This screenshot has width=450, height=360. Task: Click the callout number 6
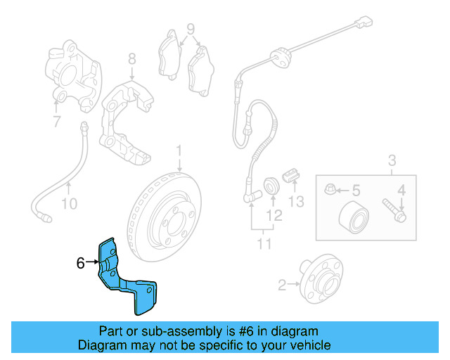pyautogui.click(x=81, y=262)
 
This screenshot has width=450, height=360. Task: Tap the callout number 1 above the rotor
pyautogui.click(x=179, y=151)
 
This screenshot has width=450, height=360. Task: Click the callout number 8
pyautogui.click(x=131, y=59)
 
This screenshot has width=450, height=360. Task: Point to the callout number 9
pyautogui.click(x=191, y=29)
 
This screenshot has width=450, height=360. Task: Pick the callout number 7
pyautogui.click(x=57, y=122)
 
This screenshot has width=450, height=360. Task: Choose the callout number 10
pyautogui.click(x=70, y=204)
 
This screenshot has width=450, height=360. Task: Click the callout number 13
pyautogui.click(x=296, y=202)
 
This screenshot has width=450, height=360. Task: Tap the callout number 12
pyautogui.click(x=274, y=215)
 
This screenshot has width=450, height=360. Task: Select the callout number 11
pyautogui.click(x=264, y=244)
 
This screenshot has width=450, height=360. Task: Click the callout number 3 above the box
pyautogui.click(x=392, y=160)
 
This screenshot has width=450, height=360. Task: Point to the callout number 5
pyautogui.click(x=356, y=191)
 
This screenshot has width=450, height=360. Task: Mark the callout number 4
pyautogui.click(x=401, y=191)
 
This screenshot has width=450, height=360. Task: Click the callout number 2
pyautogui.click(x=282, y=285)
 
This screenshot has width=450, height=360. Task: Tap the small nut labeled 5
pyautogui.click(x=329, y=189)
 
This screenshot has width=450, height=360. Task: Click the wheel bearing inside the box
pyautogui.click(x=354, y=217)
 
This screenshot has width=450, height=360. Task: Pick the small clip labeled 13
pyautogui.click(x=291, y=175)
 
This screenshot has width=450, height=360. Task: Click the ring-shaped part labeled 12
pyautogui.click(x=271, y=185)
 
